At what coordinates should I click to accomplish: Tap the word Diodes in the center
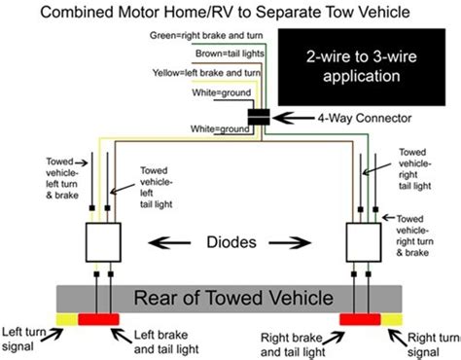click(232, 237)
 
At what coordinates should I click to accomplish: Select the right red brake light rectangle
click(360, 319)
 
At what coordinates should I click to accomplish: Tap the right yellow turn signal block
click(391, 319)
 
